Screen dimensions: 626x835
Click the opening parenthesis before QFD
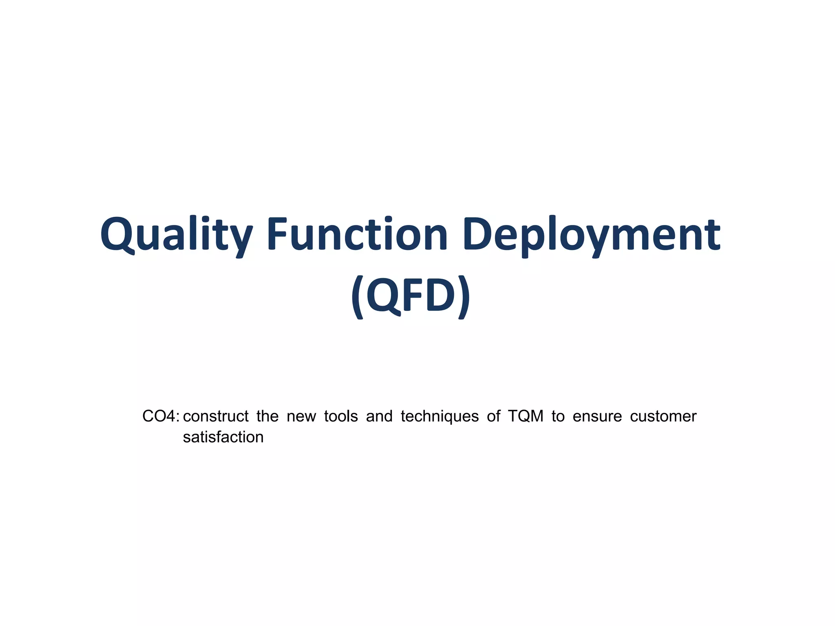click(358, 296)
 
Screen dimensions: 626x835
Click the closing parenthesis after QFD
click(464, 296)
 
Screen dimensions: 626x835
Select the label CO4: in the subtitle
click(161, 417)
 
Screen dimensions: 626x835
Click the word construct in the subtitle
click(216, 417)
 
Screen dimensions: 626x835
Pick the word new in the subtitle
click(301, 417)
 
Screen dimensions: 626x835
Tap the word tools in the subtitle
click(341, 417)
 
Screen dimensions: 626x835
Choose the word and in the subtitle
click(379, 417)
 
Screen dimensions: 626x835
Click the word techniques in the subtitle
click(440, 417)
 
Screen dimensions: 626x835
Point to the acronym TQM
click(526, 417)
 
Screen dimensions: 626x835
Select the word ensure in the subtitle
click(597, 417)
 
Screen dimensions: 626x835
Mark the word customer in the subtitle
click(663, 417)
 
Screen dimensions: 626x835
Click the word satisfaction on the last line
click(223, 437)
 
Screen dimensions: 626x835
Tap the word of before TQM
click(493, 417)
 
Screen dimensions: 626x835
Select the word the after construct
click(267, 417)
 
